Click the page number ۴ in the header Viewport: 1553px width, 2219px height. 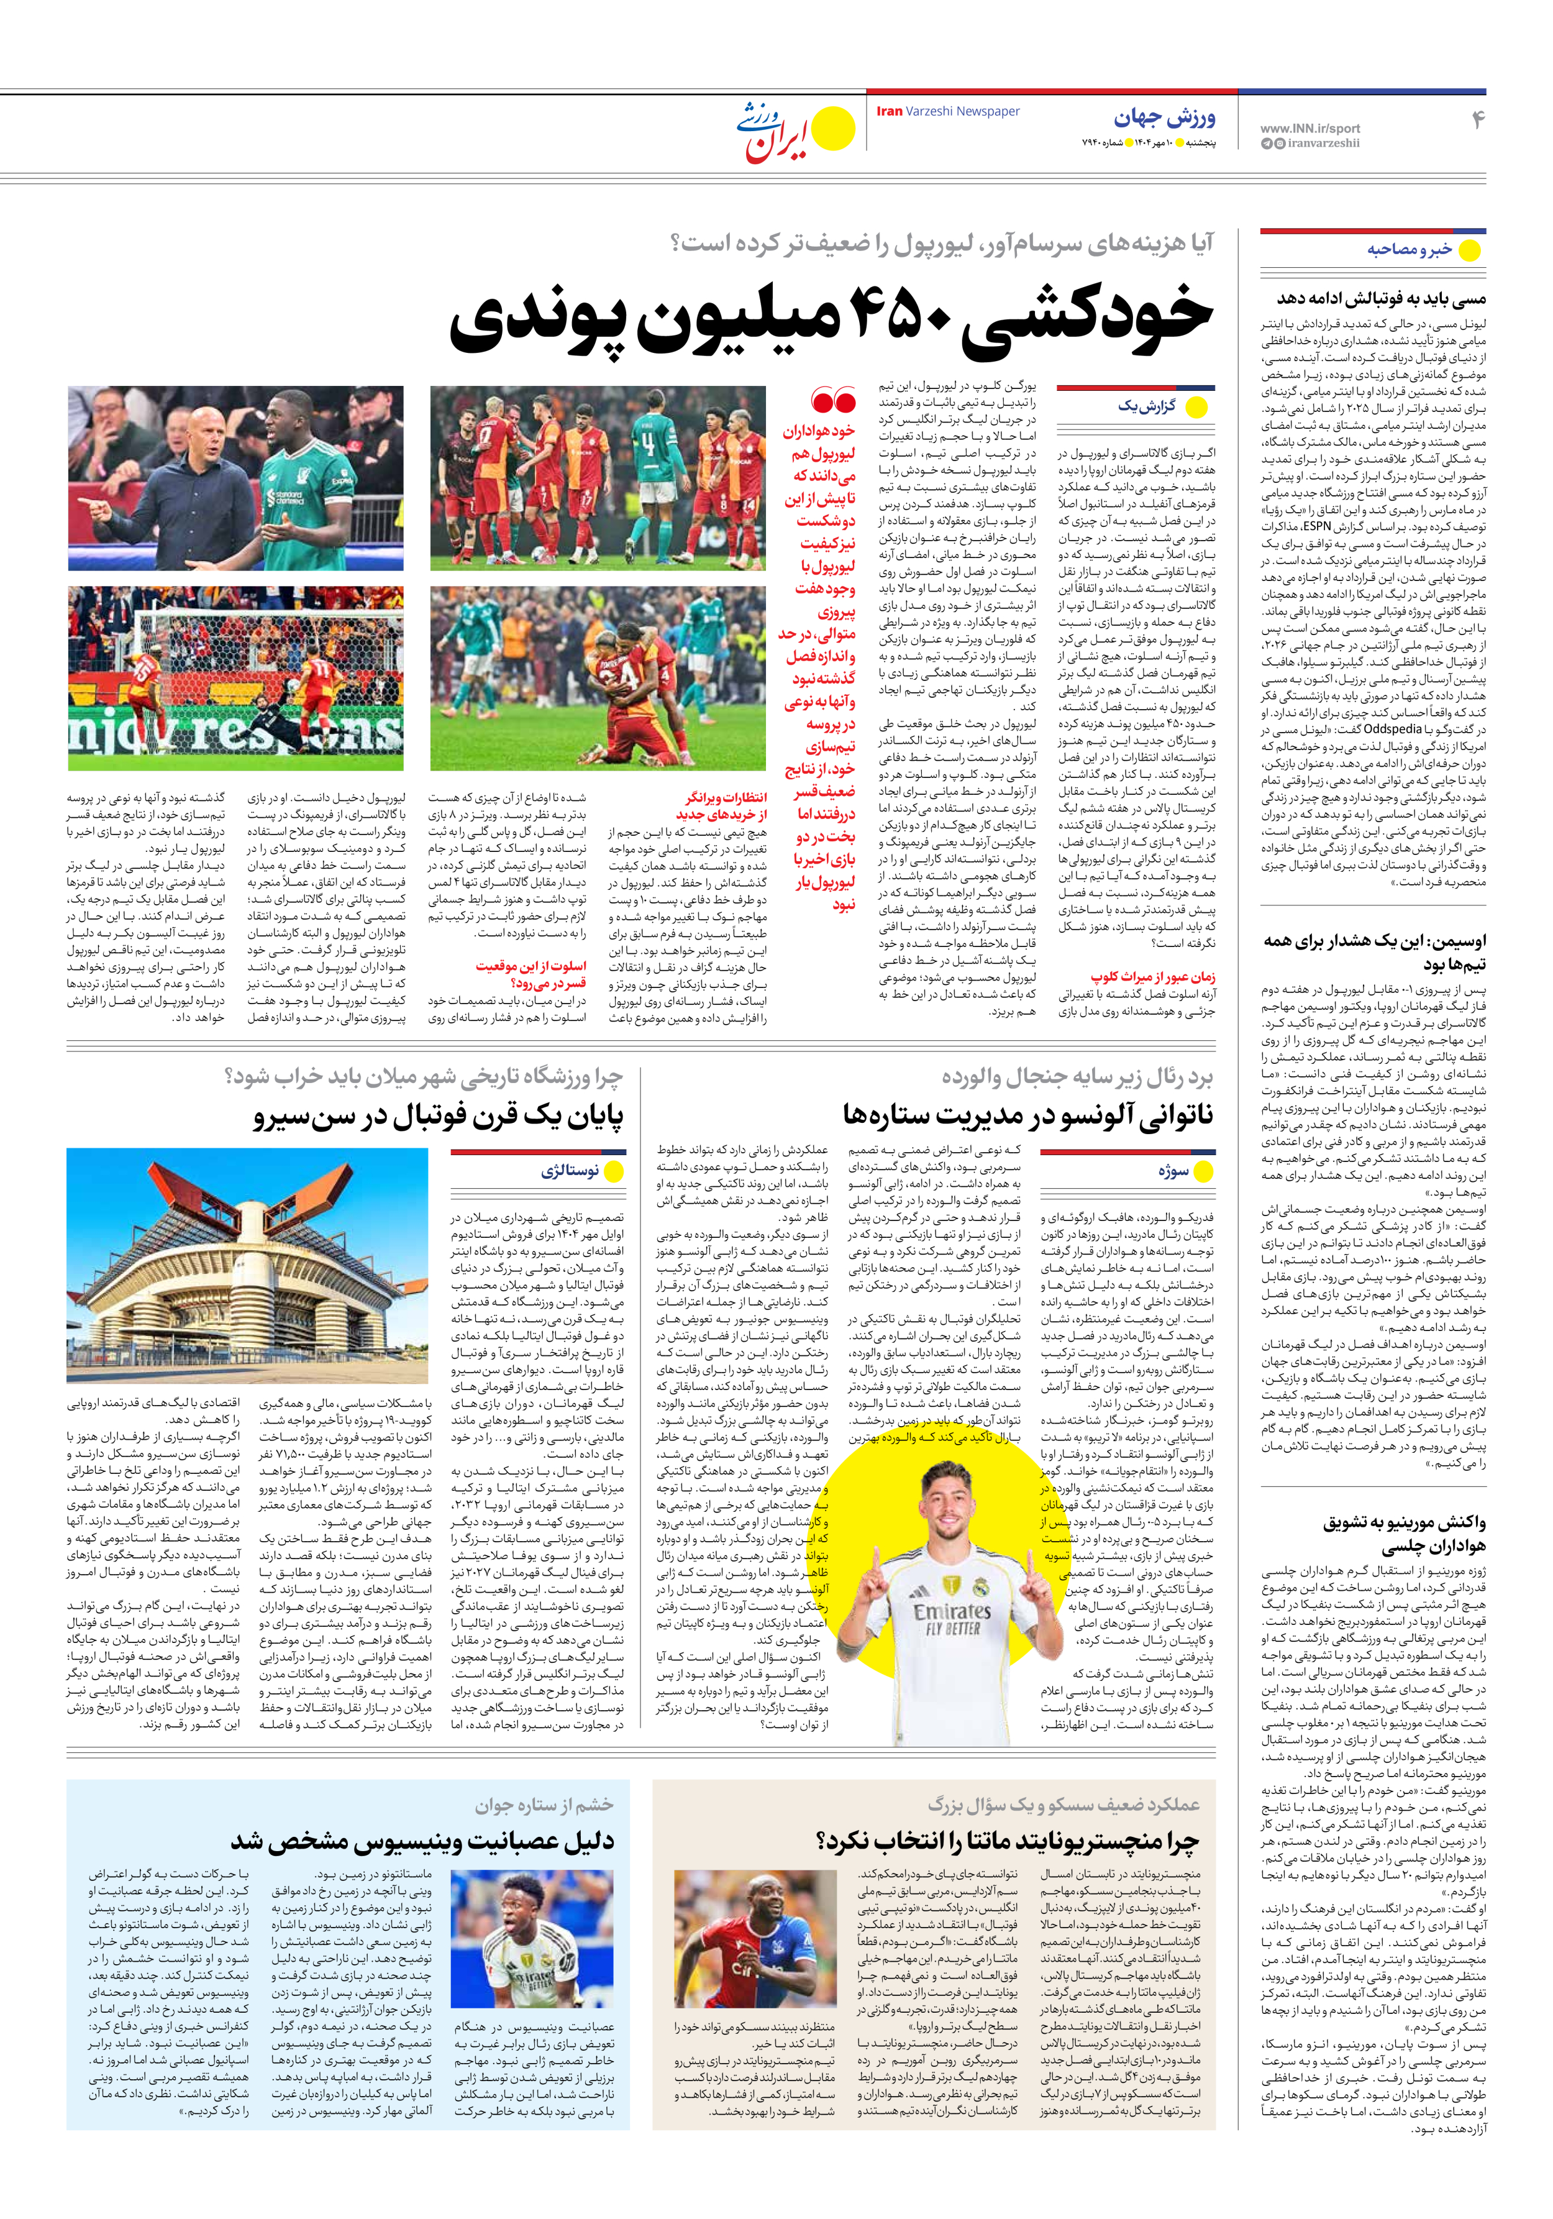tap(1476, 120)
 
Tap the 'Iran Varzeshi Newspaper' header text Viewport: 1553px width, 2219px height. tap(947, 111)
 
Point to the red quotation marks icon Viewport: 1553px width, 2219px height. tap(833, 399)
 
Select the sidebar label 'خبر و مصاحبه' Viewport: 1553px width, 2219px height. tap(1408, 249)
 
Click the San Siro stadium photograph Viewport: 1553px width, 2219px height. tap(247, 1265)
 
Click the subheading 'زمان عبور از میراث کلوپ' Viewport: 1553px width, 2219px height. tap(1153, 976)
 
